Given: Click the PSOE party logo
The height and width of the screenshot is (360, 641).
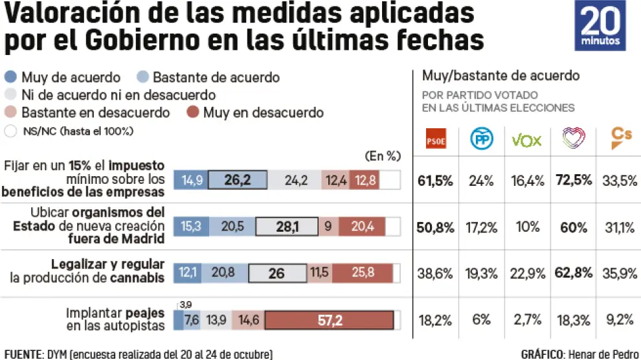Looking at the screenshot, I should pyautogui.click(x=435, y=141).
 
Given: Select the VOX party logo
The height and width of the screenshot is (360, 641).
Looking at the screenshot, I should pyautogui.click(x=526, y=141).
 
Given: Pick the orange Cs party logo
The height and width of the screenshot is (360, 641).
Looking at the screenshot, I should pyautogui.click(x=622, y=139).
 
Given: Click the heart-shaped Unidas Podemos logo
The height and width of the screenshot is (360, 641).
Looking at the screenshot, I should pyautogui.click(x=573, y=140).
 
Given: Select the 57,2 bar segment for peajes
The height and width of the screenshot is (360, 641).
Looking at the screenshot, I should pyautogui.click(x=330, y=321).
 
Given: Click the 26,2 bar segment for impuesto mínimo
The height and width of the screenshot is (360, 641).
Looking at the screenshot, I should pyautogui.click(x=238, y=181).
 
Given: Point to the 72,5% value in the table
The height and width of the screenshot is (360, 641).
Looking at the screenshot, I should pyautogui.click(x=574, y=181).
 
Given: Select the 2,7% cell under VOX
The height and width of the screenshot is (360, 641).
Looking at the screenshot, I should pyautogui.click(x=526, y=320).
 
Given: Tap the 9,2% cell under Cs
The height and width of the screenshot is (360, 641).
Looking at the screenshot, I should pyautogui.click(x=620, y=320).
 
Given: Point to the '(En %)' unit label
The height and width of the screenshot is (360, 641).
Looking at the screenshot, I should pyautogui.click(x=383, y=155).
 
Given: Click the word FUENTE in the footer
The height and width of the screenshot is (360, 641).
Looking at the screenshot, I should pyautogui.click(x=23, y=354).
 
